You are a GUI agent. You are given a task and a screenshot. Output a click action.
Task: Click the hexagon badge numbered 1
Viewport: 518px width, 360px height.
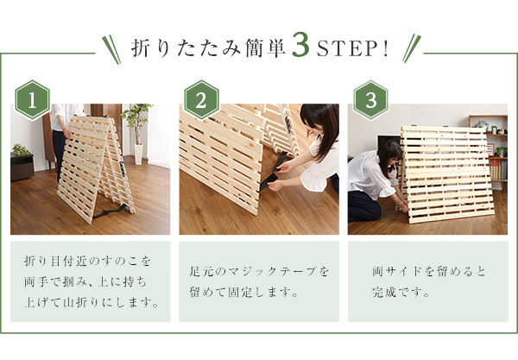pos(33,100)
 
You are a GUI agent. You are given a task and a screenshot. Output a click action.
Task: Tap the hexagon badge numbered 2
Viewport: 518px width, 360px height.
pos(201,100)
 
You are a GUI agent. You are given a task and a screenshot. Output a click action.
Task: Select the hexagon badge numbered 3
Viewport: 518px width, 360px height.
pos(370,100)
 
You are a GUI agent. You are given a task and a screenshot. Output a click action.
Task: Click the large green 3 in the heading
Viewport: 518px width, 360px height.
pos(301,45)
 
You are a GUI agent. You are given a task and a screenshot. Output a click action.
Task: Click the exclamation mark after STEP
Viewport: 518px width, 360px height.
pos(385,49)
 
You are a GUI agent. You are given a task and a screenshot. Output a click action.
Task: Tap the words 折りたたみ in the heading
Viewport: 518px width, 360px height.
pos(186,49)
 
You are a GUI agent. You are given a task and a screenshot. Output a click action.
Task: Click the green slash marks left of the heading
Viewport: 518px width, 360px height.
pos(111,49)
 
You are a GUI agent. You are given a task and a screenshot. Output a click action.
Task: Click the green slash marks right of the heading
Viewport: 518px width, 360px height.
pos(412,48)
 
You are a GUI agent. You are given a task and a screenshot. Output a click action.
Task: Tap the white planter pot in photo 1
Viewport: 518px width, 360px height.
pos(138,154)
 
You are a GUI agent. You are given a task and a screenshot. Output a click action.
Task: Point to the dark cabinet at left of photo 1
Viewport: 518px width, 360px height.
pos(22,167)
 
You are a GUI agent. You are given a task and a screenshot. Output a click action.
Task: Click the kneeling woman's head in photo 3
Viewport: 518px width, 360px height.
pos(389,155)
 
